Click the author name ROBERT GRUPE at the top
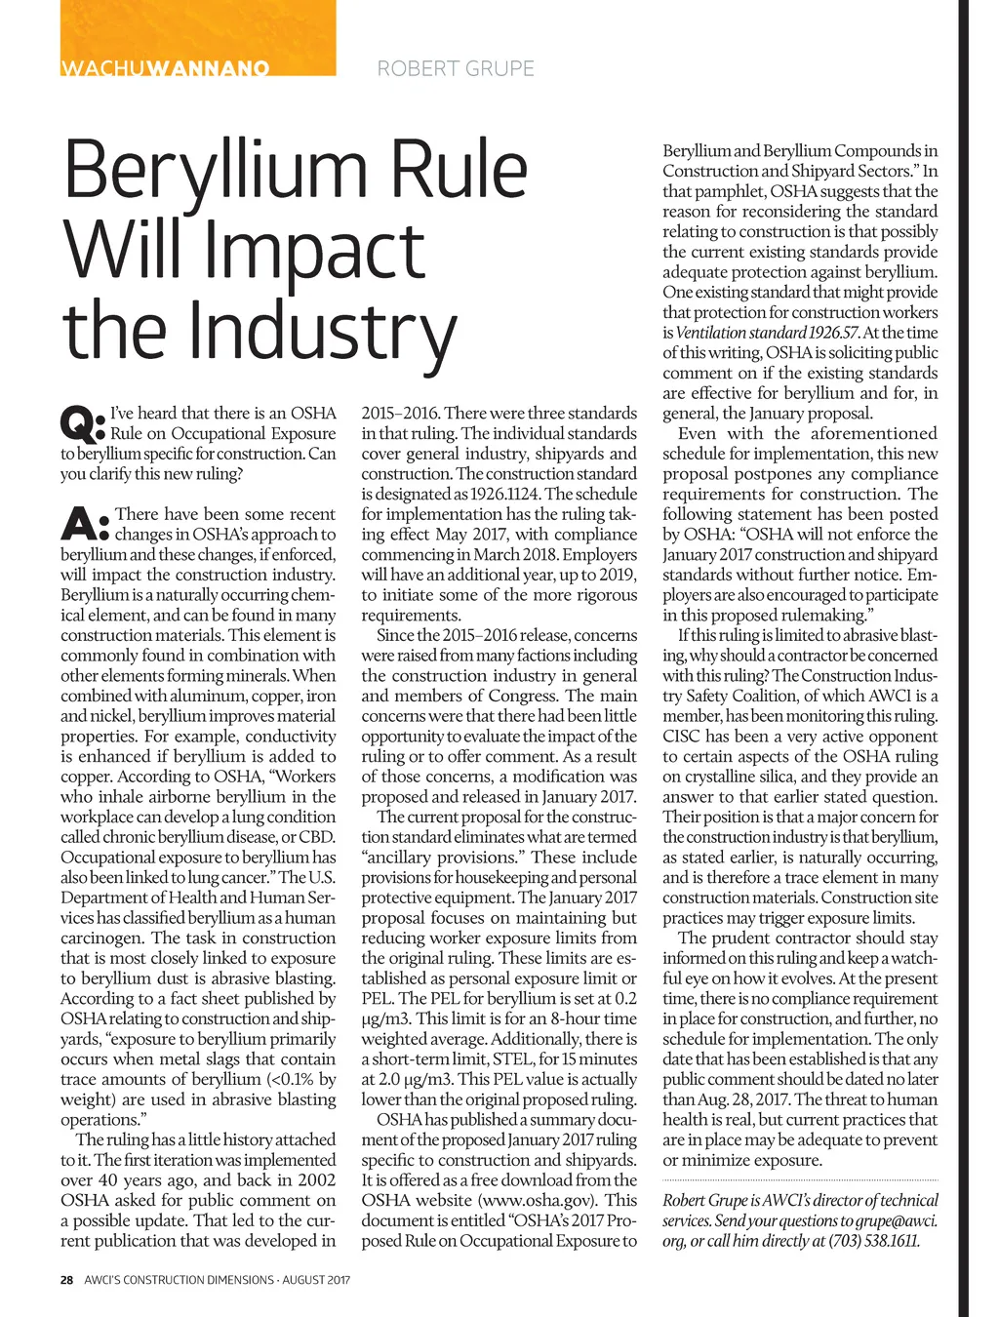456,68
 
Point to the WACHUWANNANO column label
165,68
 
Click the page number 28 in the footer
67,1280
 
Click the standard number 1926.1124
505,494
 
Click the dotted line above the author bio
800,1180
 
